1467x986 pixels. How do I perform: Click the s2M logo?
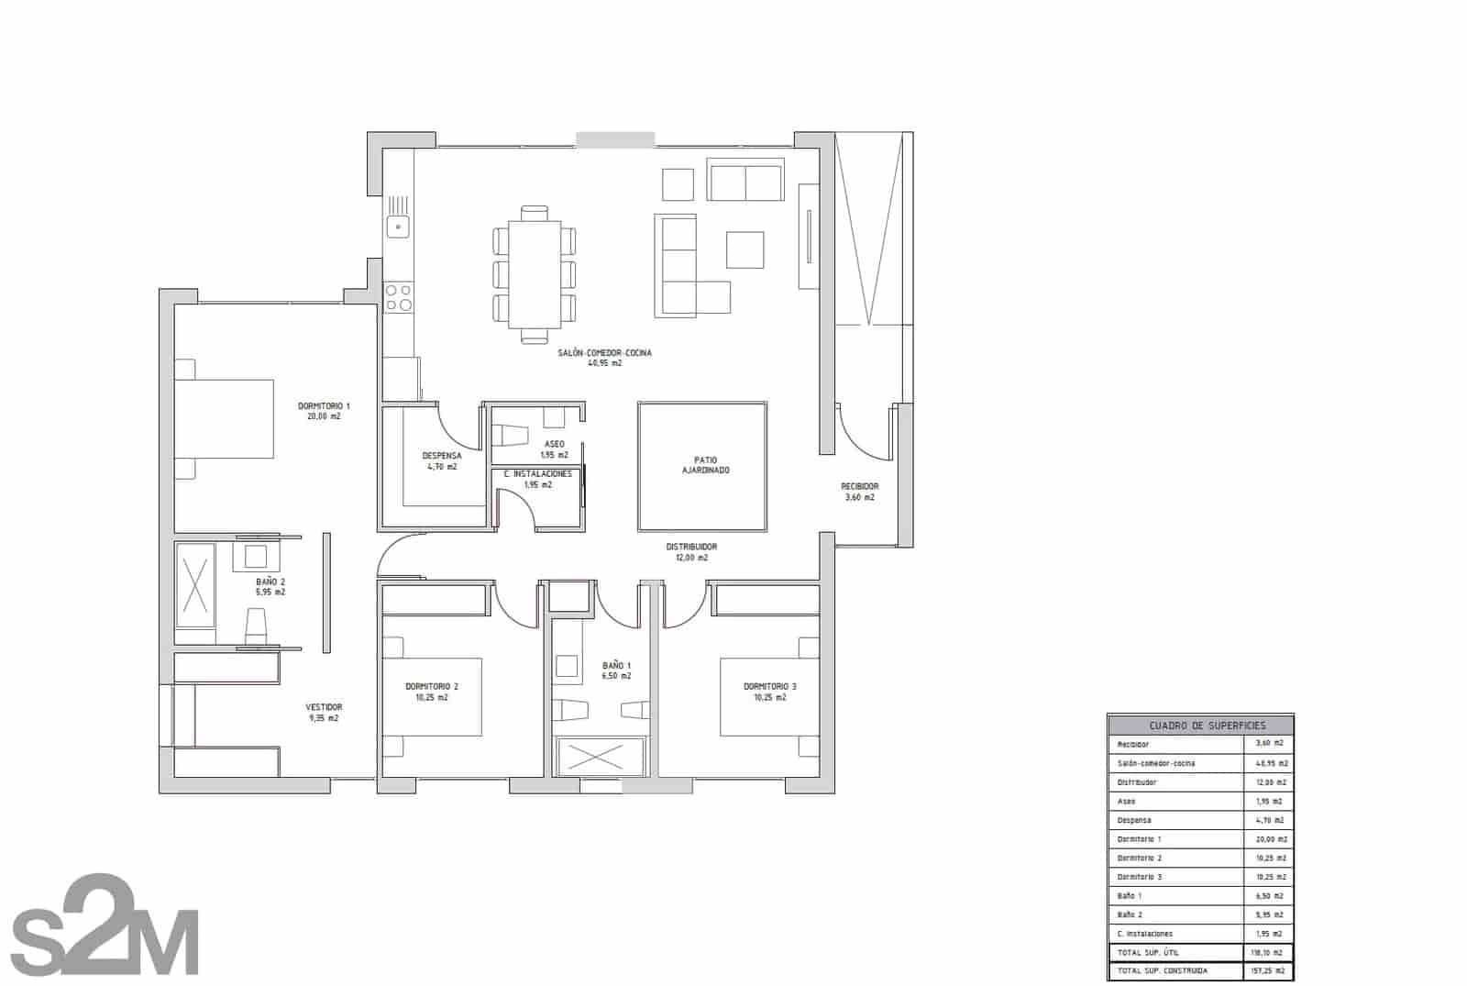pos(105,926)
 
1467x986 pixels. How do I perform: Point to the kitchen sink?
pos(398,226)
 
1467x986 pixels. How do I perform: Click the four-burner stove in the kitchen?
pos(398,297)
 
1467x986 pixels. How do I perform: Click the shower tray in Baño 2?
pos(195,585)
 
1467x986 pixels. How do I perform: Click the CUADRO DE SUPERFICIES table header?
pos(1200,725)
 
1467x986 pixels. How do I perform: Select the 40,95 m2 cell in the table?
pos(1270,763)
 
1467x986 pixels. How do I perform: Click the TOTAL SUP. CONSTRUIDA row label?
pos(1162,970)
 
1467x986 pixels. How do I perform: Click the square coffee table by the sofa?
pos(745,249)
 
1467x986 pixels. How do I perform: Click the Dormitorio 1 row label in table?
pos(1139,839)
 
